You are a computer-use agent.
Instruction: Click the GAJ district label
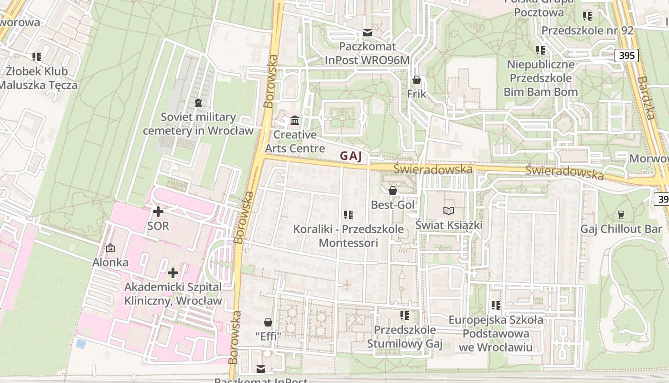[351, 156]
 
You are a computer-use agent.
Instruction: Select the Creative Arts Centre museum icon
[295, 120]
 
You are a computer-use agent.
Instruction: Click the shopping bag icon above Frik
[416, 80]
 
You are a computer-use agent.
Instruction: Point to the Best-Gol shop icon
[393, 191]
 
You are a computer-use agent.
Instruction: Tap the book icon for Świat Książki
[448, 211]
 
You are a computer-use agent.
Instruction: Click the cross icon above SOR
[158, 211]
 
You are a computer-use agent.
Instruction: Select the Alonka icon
[110, 248]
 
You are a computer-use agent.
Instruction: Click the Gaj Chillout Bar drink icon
[621, 214]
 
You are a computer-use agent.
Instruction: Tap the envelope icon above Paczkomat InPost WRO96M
[367, 33]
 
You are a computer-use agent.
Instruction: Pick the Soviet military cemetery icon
[198, 102]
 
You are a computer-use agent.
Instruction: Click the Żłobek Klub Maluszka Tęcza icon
[37, 57]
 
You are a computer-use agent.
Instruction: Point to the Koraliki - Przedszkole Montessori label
[348, 236]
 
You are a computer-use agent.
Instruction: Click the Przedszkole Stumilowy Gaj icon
[405, 315]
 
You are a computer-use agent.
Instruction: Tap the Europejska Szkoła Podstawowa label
[496, 333]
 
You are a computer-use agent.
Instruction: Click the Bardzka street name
[645, 98]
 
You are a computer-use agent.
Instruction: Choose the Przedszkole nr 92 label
[587, 31]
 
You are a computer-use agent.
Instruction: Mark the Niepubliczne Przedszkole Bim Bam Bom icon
[540, 50]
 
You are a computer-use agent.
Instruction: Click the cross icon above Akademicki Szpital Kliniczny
[173, 273]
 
